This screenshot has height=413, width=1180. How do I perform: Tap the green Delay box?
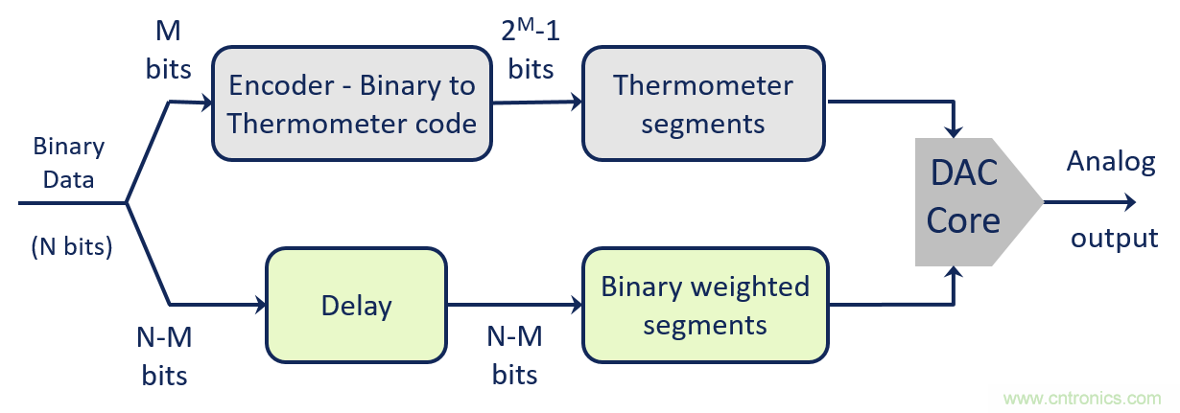coord(356,306)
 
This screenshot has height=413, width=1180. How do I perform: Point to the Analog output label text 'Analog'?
coord(1111,162)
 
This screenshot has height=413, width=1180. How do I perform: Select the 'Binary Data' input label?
coord(68,162)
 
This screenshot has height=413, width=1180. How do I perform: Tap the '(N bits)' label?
coord(72,246)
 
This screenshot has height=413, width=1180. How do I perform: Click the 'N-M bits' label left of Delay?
coord(164,355)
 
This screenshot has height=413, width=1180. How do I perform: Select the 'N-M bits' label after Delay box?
coord(515,355)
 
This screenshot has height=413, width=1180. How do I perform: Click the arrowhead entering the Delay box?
coord(259,306)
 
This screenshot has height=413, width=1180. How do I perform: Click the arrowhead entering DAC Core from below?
coord(954,275)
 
